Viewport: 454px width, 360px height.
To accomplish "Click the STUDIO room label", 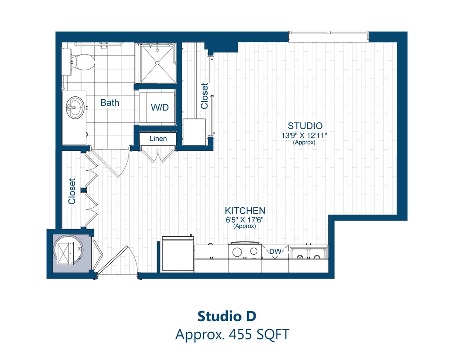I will (x=305, y=126).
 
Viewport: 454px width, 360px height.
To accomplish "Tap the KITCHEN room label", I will (x=245, y=211).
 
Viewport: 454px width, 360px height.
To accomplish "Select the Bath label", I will (x=110, y=103).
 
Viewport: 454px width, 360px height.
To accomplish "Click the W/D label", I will (x=160, y=107).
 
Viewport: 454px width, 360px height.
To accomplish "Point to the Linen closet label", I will (x=157, y=139).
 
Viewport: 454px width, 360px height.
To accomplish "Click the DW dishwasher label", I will (x=275, y=252).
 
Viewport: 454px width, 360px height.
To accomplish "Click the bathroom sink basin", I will (x=76, y=106).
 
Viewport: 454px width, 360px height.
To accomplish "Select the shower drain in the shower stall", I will (x=157, y=63).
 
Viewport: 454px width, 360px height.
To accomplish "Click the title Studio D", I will (x=227, y=316).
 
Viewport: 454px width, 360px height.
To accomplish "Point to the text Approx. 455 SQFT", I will (x=232, y=334).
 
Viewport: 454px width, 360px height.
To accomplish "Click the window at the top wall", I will (x=328, y=36).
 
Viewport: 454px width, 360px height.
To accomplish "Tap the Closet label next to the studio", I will (x=205, y=96).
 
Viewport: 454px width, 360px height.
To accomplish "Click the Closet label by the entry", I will (x=72, y=191).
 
